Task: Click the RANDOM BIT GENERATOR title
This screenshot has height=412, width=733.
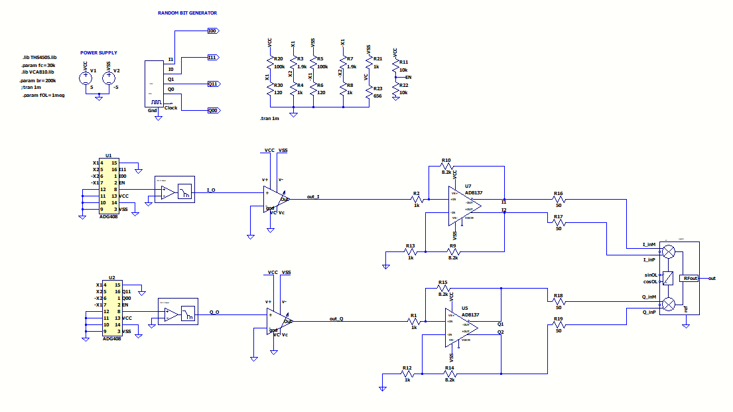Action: click(x=187, y=13)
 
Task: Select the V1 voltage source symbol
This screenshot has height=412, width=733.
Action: click(x=86, y=78)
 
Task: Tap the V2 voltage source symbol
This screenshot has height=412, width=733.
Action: click(x=109, y=78)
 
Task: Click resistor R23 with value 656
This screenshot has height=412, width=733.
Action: click(x=369, y=96)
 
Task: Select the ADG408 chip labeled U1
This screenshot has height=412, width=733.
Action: click(x=107, y=186)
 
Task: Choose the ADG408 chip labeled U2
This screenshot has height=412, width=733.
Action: click(x=111, y=308)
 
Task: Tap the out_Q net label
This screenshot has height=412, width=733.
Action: click(x=337, y=318)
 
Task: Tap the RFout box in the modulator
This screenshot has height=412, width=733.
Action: click(x=691, y=278)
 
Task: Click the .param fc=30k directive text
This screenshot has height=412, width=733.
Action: click(x=38, y=66)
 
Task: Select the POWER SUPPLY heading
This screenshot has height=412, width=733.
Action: click(x=99, y=52)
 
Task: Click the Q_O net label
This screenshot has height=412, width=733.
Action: click(x=214, y=312)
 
